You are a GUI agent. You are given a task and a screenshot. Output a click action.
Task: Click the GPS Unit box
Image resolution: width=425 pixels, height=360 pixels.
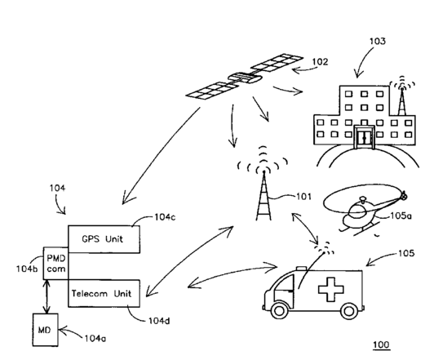[x=104, y=239]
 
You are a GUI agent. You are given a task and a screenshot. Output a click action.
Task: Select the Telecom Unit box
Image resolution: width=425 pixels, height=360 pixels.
[x=104, y=293]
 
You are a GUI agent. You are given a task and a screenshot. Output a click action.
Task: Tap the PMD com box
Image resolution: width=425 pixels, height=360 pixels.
[x=55, y=263]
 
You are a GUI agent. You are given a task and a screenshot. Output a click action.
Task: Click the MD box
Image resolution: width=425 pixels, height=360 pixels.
[x=46, y=330]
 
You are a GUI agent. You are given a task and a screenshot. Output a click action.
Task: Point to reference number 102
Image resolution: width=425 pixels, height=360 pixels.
[x=320, y=62]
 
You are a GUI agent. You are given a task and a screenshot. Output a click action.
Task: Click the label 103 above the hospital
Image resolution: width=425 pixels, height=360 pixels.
[x=378, y=41]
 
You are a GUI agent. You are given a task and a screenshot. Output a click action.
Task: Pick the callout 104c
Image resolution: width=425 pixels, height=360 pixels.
[x=165, y=217]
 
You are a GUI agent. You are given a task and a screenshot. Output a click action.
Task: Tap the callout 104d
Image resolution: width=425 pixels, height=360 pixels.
[x=159, y=321]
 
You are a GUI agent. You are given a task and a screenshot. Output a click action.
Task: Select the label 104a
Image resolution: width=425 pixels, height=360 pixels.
[x=95, y=339]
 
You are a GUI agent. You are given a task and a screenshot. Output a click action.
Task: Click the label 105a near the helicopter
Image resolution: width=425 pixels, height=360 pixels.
[x=401, y=216]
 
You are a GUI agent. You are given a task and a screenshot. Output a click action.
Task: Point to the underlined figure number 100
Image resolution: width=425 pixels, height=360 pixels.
[x=381, y=344]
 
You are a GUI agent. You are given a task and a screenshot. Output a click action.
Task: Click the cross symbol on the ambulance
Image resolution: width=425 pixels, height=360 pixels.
[x=330, y=290]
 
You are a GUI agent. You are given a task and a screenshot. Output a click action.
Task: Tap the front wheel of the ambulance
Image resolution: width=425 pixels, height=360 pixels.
[x=280, y=311]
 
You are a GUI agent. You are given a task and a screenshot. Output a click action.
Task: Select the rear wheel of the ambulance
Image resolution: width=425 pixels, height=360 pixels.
[x=349, y=311]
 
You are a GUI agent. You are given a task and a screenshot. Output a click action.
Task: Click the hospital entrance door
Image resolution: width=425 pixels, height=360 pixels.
[x=365, y=137]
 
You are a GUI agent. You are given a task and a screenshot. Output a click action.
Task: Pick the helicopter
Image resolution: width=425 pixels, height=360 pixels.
[x=365, y=209]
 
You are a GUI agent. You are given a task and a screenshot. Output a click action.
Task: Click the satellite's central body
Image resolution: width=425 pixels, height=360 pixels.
[x=245, y=78]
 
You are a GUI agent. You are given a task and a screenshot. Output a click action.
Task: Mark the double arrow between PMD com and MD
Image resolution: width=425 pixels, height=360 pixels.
[x=47, y=296]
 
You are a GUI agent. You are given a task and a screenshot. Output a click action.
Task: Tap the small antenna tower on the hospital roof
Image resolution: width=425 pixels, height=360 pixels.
[x=402, y=97]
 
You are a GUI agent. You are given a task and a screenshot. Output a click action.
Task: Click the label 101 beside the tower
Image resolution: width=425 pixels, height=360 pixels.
[x=303, y=197]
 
